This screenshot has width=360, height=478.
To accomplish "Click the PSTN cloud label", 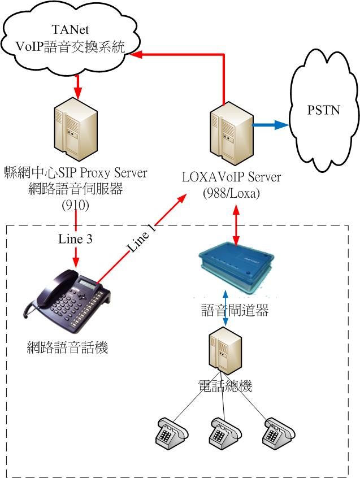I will click(x=327, y=109).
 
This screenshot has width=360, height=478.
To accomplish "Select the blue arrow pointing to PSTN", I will click(x=270, y=125).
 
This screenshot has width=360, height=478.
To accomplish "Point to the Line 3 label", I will click(x=75, y=239).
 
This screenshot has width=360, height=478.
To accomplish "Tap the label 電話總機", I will click(x=225, y=386).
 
